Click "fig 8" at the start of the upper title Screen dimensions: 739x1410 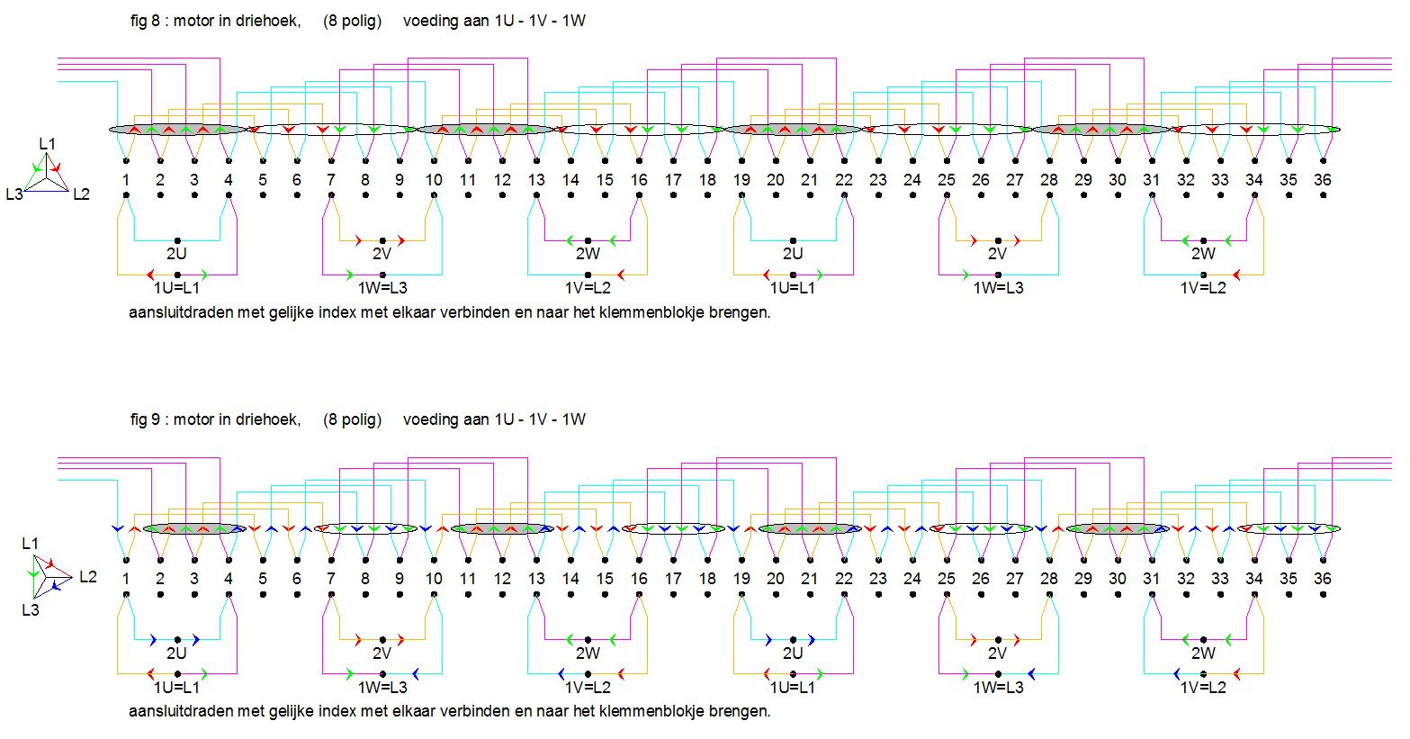(x=144, y=20)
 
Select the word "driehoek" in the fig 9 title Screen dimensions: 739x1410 (x=272, y=419)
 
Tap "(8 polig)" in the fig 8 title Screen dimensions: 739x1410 (x=352, y=20)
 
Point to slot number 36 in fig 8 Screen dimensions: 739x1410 (x=1322, y=180)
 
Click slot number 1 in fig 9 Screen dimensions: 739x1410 (x=126, y=579)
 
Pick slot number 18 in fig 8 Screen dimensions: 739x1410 (x=707, y=180)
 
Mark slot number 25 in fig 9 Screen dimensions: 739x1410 (x=946, y=579)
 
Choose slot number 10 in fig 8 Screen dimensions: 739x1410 (x=434, y=180)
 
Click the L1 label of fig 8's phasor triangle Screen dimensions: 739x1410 (x=47, y=144)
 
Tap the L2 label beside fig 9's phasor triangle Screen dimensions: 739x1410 (x=87, y=576)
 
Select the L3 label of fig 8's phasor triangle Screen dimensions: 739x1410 (x=13, y=194)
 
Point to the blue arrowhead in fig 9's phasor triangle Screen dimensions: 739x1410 (x=57, y=586)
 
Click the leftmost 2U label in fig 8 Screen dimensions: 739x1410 (x=176, y=254)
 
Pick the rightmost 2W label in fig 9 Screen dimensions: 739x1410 (x=1203, y=653)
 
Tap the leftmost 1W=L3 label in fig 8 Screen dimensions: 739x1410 (x=382, y=288)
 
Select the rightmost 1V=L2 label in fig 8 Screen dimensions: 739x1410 (x=1203, y=288)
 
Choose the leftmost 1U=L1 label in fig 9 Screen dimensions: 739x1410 (x=176, y=688)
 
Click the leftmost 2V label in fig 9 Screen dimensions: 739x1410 (x=382, y=653)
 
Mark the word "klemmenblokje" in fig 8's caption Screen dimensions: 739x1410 (x=642, y=314)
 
